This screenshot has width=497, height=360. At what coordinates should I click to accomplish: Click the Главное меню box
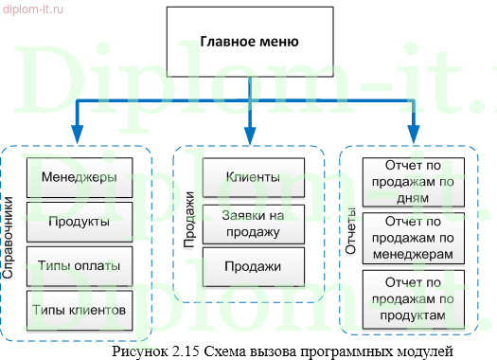(x=248, y=43)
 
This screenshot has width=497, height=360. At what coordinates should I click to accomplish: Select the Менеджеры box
(x=79, y=177)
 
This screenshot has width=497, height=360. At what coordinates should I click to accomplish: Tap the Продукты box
(x=79, y=221)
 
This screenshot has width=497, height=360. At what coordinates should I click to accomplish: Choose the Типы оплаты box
(x=79, y=265)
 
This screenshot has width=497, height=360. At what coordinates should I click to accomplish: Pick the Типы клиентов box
(x=79, y=309)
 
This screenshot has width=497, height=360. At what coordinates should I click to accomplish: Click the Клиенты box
(x=252, y=177)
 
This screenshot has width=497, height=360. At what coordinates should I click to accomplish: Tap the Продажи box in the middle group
(x=252, y=266)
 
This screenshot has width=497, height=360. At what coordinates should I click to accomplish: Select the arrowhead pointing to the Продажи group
(x=250, y=134)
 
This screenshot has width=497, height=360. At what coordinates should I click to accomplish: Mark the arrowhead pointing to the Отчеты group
(x=414, y=134)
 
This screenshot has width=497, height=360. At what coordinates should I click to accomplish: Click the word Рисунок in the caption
(x=139, y=351)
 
